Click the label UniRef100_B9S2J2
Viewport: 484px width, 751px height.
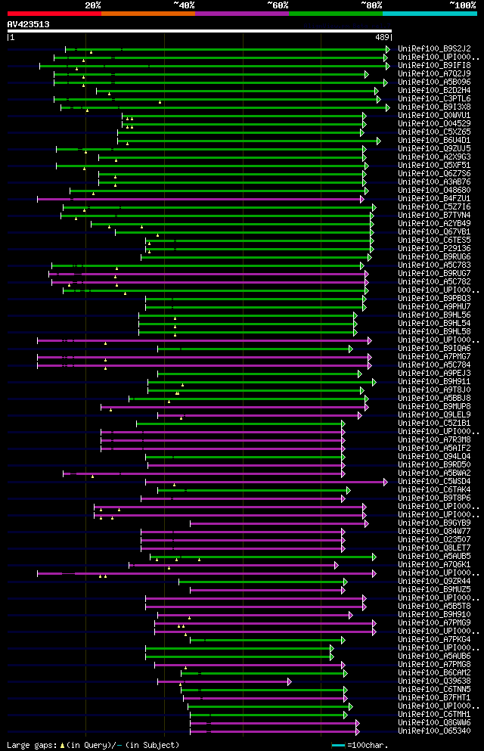(x=433, y=48)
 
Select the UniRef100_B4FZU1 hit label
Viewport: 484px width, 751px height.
(x=433, y=199)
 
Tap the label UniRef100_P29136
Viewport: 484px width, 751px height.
(x=433, y=249)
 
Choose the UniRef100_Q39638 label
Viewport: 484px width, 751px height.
(x=433, y=681)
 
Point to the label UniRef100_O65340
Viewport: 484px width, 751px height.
(x=433, y=731)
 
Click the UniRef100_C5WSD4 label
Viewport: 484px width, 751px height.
(x=433, y=482)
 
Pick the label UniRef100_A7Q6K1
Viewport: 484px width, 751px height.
(x=433, y=565)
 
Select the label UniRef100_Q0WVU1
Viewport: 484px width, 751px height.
(x=433, y=116)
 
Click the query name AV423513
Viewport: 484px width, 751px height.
(x=29, y=24)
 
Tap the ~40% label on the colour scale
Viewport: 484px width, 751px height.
(x=184, y=5)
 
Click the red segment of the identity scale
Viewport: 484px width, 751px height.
(x=54, y=14)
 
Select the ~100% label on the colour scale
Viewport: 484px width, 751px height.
(x=462, y=5)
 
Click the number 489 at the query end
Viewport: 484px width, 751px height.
(x=382, y=37)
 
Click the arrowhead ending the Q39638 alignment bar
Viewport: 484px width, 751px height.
(x=290, y=681)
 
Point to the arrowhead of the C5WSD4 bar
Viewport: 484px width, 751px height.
(x=386, y=482)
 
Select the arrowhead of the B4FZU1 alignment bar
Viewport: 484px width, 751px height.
(x=362, y=199)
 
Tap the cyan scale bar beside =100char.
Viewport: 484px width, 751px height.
(x=338, y=746)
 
